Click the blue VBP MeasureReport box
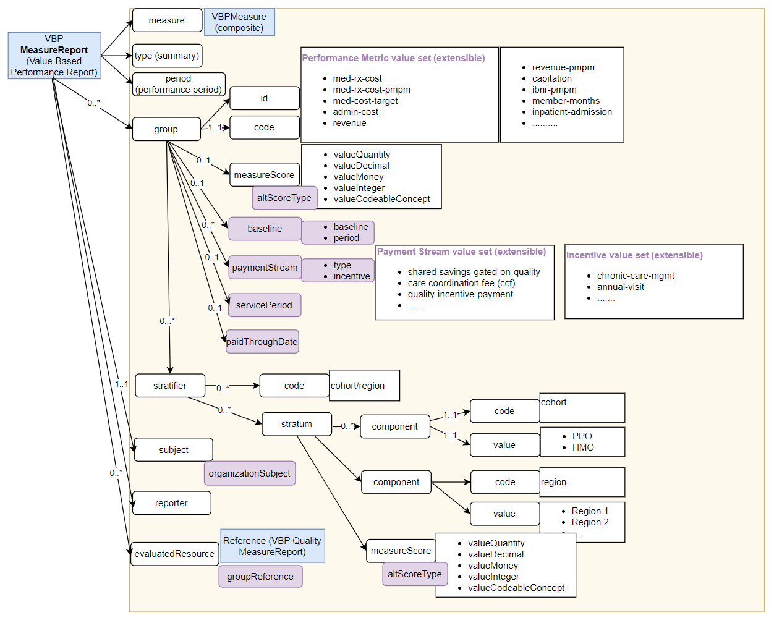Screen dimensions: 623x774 click(x=54, y=56)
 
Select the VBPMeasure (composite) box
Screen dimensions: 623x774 click(x=239, y=22)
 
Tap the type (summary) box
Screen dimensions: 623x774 click(x=167, y=56)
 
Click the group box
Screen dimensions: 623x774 click(x=166, y=129)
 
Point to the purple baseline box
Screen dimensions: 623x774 click(x=265, y=229)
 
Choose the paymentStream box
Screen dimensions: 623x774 click(x=265, y=268)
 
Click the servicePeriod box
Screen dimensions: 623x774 click(x=264, y=305)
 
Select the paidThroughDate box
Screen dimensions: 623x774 click(x=262, y=342)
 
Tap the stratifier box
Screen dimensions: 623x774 click(x=170, y=386)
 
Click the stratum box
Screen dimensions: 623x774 click(x=297, y=424)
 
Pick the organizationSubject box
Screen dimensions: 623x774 click(x=250, y=473)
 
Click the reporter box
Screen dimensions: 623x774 click(x=171, y=503)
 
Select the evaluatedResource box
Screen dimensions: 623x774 click(x=174, y=554)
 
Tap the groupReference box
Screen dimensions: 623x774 click(x=260, y=577)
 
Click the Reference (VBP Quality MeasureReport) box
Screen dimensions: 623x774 click(x=273, y=546)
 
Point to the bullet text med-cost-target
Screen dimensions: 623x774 click(x=365, y=101)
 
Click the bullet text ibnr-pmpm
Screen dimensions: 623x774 click(x=555, y=90)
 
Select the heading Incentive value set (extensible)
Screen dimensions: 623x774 click(x=634, y=255)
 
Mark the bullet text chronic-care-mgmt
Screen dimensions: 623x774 click(x=636, y=276)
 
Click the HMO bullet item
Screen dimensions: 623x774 click(x=583, y=447)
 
